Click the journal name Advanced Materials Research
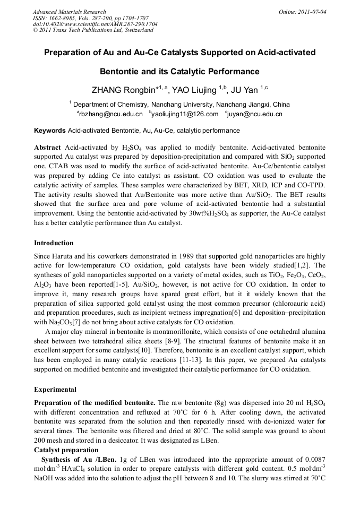click(69, 12)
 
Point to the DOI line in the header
click(95, 24)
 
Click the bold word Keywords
click(50, 131)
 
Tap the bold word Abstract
click(48, 147)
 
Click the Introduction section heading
click(54, 243)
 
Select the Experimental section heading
click(55, 390)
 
